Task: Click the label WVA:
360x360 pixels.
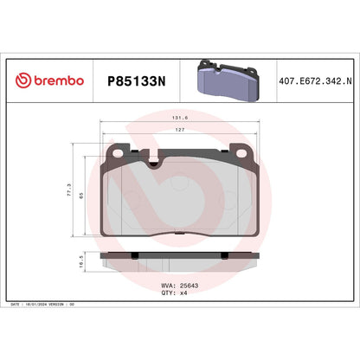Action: tap(169, 285)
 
